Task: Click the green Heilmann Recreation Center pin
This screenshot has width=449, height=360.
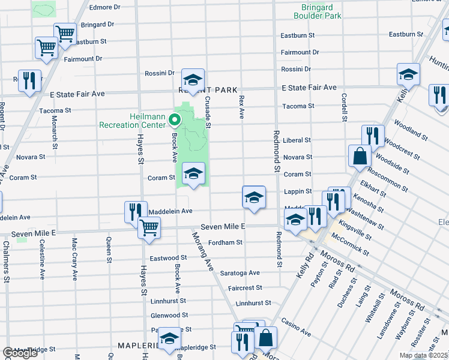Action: click(175, 121)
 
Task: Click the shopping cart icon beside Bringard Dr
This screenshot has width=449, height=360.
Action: click(65, 34)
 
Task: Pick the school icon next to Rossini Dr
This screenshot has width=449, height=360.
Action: click(193, 79)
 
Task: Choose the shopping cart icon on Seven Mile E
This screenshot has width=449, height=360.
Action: click(149, 227)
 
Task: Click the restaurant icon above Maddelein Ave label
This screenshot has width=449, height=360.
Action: click(136, 211)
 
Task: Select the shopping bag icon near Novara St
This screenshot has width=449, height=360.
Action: click(360, 155)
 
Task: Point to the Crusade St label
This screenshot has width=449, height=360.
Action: click(208, 113)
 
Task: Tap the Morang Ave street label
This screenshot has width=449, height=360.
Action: click(203, 254)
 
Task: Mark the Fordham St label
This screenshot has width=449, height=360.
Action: click(225, 242)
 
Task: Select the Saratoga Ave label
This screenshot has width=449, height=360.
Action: click(238, 272)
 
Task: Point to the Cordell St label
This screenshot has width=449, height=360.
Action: click(344, 106)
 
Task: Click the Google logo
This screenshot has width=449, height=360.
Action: click(20, 353)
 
